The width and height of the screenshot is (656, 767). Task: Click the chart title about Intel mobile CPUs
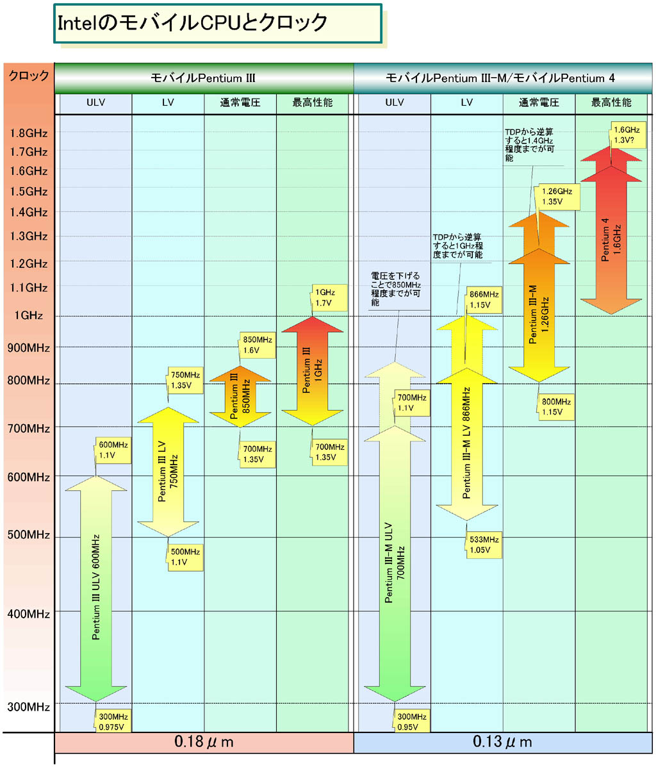tap(192, 24)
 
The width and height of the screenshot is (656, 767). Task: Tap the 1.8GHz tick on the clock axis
tap(28, 133)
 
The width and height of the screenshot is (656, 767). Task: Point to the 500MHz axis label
tap(28, 535)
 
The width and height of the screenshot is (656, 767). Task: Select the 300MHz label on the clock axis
tap(28, 707)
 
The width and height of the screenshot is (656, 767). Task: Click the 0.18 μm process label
tap(204, 742)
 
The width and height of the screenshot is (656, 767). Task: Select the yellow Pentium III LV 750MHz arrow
tap(168, 471)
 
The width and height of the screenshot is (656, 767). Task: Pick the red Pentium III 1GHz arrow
tap(313, 372)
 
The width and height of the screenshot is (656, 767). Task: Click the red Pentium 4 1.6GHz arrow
tap(611, 237)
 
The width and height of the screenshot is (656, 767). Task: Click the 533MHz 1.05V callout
tap(482, 545)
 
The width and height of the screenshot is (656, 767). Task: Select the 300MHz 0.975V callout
tap(113, 722)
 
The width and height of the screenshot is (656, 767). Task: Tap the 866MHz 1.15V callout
tap(482, 300)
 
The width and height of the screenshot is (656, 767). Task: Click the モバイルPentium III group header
tap(203, 78)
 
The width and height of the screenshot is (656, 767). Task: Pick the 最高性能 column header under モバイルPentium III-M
tap(611, 103)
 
